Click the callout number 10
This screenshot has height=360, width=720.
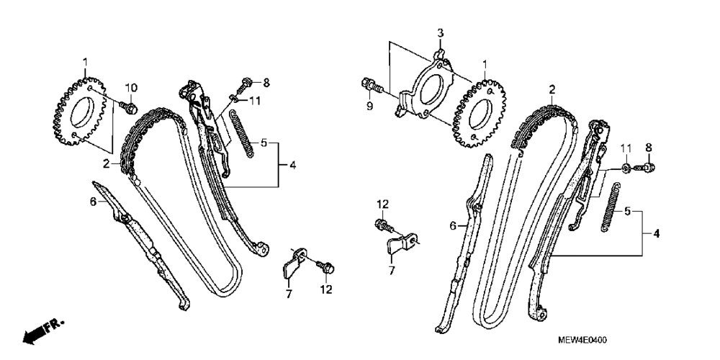(x=130, y=88)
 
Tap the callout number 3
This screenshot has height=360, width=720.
(x=441, y=33)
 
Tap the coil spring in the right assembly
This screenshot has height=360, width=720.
(x=611, y=207)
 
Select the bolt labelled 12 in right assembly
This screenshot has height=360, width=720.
(x=382, y=225)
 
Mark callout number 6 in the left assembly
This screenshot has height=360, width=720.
(x=93, y=203)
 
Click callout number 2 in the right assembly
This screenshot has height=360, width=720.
(x=552, y=90)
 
